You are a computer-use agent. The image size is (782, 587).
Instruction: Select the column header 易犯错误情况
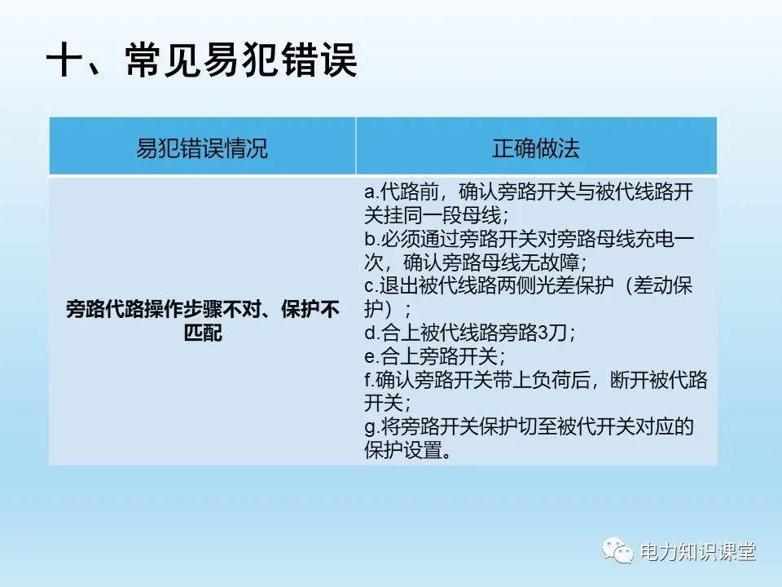[201, 148]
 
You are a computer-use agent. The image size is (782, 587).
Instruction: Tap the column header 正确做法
[536, 148]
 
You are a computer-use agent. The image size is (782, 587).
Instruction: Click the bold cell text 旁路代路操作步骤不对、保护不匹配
[202, 323]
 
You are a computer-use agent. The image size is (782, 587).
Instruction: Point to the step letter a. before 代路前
[371, 193]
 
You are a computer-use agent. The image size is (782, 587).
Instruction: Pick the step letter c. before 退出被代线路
[371, 286]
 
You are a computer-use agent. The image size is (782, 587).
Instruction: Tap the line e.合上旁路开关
[435, 357]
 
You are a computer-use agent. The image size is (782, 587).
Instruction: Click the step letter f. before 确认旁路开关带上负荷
[369, 381]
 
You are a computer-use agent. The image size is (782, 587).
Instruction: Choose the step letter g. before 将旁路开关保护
[371, 427]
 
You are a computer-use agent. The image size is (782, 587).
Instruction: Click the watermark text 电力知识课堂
[698, 552]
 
